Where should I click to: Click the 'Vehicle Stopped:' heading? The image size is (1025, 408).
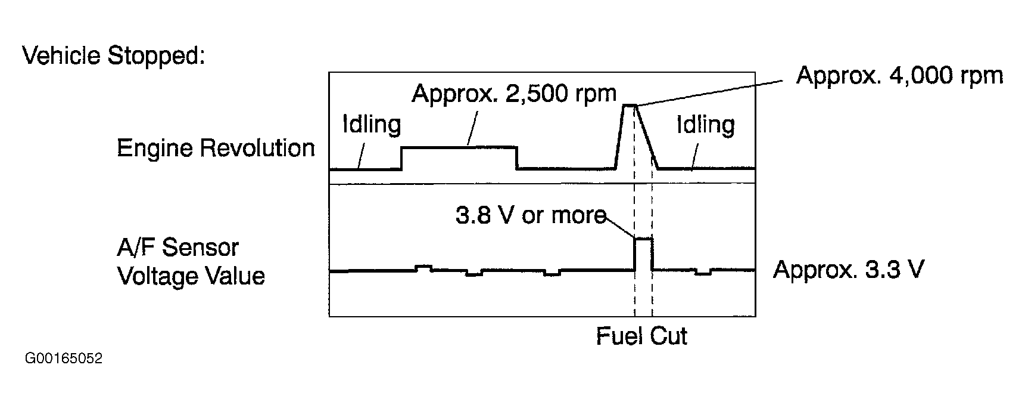pyautogui.click(x=114, y=56)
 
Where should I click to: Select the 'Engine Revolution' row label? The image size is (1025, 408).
pyautogui.click(x=216, y=148)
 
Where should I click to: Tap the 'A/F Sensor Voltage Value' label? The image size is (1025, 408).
pyautogui.click(x=191, y=262)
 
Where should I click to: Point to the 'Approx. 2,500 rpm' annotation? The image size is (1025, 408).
pyautogui.click(x=514, y=94)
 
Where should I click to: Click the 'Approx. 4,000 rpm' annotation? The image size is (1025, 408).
pyautogui.click(x=899, y=76)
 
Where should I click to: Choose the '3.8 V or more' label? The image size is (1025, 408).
pyautogui.click(x=530, y=215)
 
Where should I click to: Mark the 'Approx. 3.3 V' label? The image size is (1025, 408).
pyautogui.click(x=849, y=270)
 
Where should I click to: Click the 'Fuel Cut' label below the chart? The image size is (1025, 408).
pyautogui.click(x=641, y=336)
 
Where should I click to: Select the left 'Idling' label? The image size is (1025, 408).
pyautogui.click(x=372, y=125)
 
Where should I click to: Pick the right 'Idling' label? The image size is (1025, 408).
pyautogui.click(x=706, y=125)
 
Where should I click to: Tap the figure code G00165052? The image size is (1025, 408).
pyautogui.click(x=64, y=359)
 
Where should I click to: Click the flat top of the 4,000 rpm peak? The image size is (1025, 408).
pyautogui.click(x=630, y=106)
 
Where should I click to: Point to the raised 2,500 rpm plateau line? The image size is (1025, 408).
pyautogui.click(x=459, y=147)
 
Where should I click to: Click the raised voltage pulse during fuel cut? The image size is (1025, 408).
pyautogui.click(x=643, y=239)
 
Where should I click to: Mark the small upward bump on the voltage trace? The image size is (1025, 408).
pyautogui.click(x=423, y=267)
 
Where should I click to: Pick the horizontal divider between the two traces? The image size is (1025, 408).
pyautogui.click(x=542, y=183)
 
